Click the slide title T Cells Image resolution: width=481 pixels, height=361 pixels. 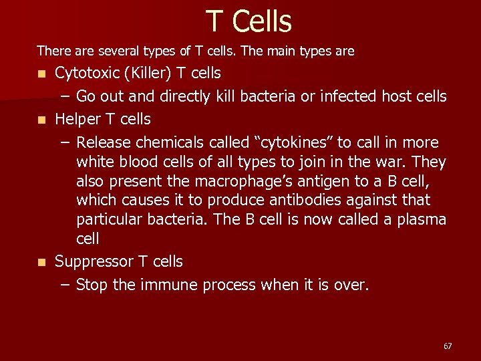point(249,21)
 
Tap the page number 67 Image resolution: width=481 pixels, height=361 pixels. point(448,346)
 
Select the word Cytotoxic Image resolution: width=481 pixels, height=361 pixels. point(85,72)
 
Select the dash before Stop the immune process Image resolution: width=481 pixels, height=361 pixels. point(64,285)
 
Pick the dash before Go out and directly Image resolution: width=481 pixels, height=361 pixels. point(64,96)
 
